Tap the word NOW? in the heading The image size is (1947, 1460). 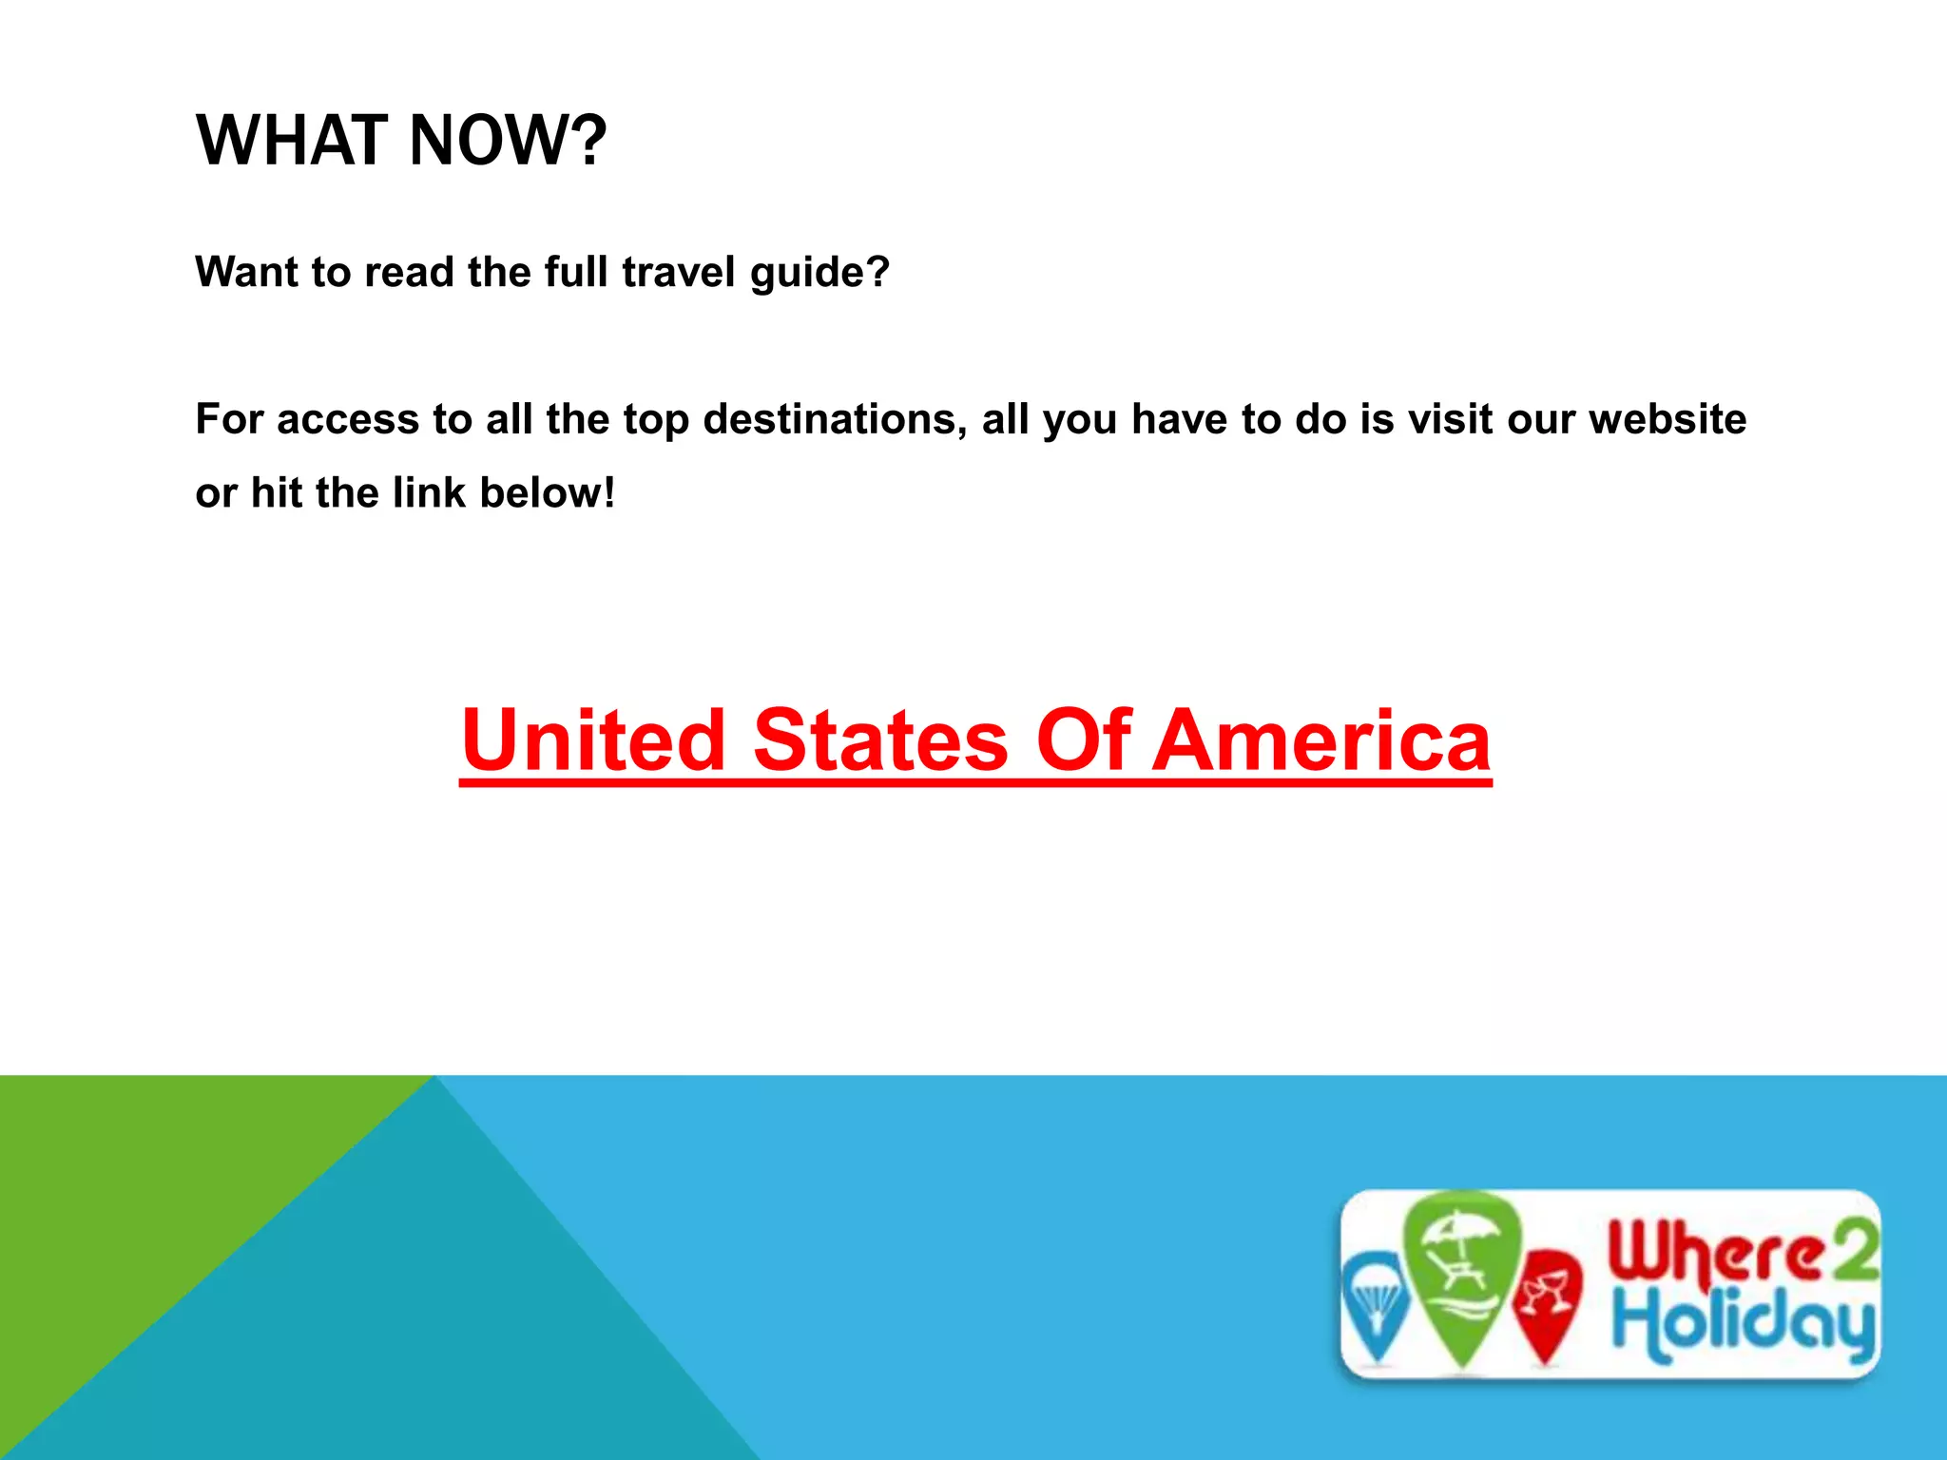coord(508,141)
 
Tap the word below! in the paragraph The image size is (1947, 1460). coord(548,492)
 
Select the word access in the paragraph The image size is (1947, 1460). coord(348,419)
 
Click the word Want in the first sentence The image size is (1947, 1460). coord(246,273)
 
